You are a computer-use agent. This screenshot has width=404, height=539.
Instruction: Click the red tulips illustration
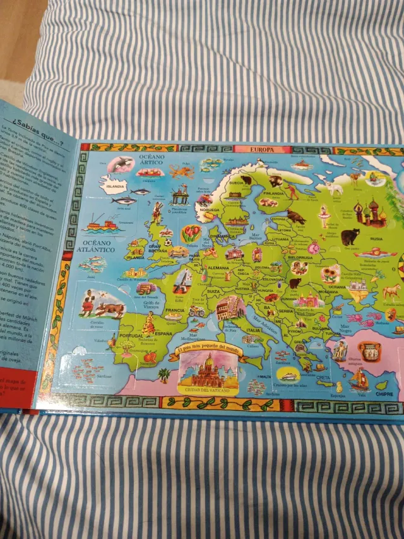click(191, 233)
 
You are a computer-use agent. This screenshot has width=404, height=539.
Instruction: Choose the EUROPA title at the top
click(261, 150)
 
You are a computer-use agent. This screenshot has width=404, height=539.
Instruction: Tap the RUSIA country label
click(376, 239)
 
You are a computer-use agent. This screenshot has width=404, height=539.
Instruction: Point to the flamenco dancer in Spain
click(149, 324)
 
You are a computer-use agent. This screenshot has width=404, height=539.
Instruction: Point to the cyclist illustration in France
click(197, 311)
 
